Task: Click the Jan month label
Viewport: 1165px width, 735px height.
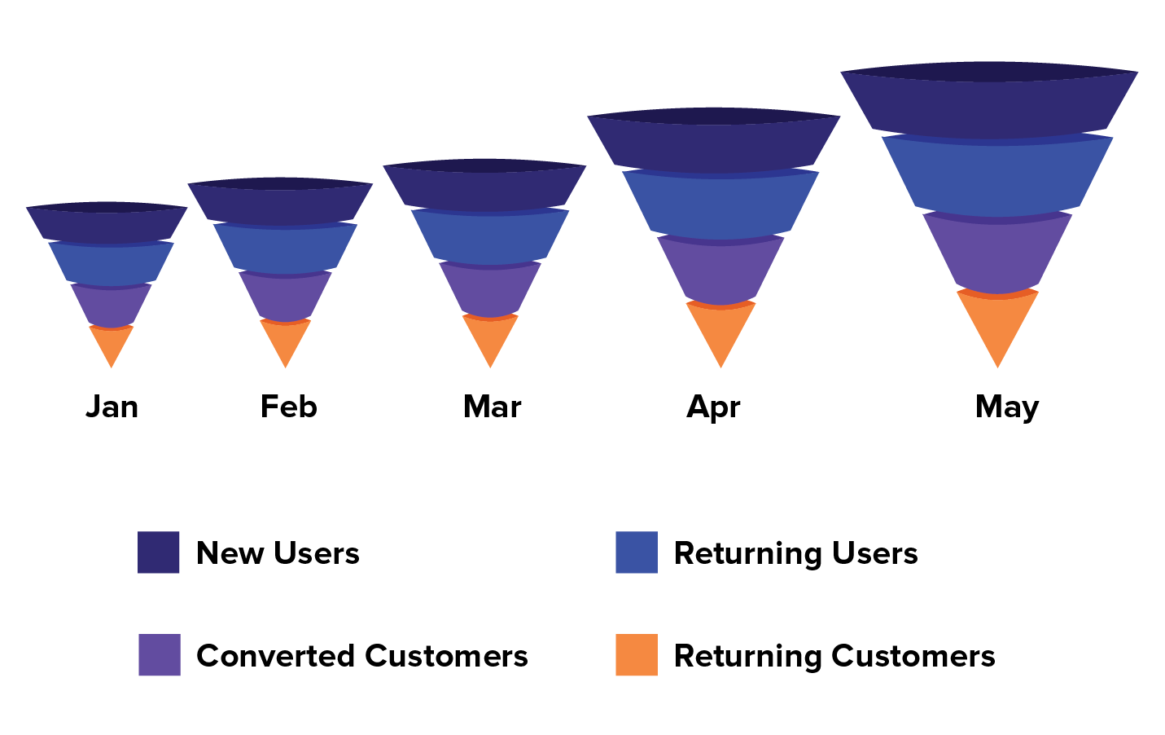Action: coord(112,407)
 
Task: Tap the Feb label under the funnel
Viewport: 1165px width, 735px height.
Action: coord(288,407)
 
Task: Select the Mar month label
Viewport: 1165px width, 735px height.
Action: coord(492,407)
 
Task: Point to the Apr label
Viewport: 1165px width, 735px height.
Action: coord(713,407)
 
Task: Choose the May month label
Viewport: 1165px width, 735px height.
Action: coord(1007,407)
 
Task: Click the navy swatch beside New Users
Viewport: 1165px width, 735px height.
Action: coord(158,552)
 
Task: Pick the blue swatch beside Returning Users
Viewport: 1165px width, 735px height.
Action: coord(637,552)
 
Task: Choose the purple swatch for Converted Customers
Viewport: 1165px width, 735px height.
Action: coord(159,655)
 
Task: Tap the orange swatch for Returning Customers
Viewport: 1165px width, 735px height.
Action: coord(637,655)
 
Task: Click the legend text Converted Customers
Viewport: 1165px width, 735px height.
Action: coord(362,656)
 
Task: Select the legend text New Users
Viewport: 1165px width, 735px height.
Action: coord(278,553)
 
